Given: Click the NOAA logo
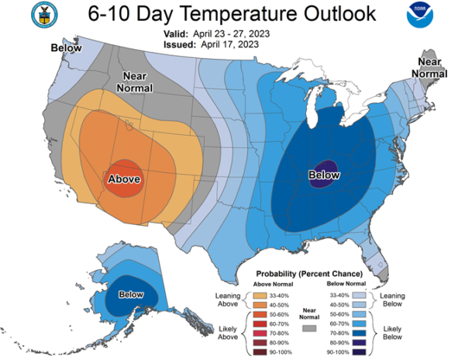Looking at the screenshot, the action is (x=420, y=15).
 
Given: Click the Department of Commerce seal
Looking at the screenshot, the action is (x=44, y=15).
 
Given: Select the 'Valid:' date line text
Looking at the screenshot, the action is (x=217, y=34).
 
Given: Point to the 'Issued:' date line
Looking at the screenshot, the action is (x=211, y=44).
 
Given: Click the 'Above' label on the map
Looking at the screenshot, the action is (x=124, y=179).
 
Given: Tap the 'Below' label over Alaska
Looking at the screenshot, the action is (x=131, y=294).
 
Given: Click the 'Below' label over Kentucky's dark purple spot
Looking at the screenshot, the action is (x=324, y=175).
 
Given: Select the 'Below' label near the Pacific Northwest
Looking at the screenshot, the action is (x=66, y=48).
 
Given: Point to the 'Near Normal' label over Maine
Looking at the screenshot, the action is (x=429, y=67).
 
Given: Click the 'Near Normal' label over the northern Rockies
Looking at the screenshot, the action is (x=135, y=82).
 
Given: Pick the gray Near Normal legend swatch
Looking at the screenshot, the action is (x=309, y=328).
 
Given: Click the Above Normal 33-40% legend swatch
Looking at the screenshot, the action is (x=260, y=296).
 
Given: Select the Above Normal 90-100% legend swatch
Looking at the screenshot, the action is (x=260, y=352).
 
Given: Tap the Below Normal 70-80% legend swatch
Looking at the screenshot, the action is (x=359, y=334).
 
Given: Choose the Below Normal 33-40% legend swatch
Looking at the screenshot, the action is (x=359, y=296).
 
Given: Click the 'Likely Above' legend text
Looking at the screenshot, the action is (x=228, y=333).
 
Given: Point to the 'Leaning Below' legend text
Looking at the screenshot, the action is (x=392, y=299).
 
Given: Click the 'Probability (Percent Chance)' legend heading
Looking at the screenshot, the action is (x=309, y=274).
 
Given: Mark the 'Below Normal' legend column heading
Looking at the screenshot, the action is (x=346, y=284).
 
